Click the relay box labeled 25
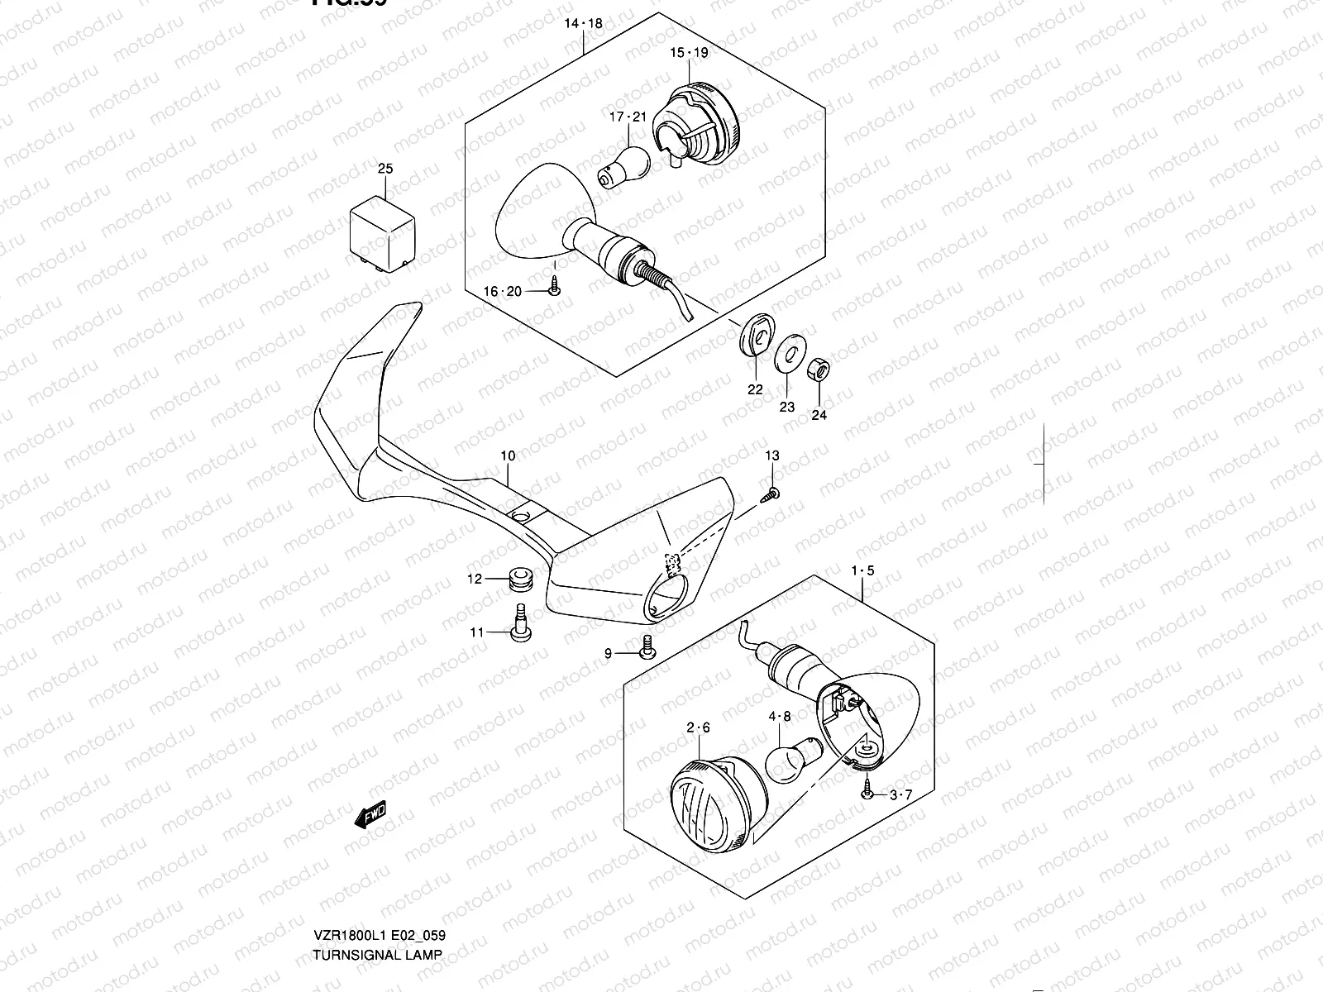(x=382, y=230)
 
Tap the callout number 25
(x=385, y=169)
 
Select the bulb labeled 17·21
(x=623, y=165)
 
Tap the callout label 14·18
(x=585, y=24)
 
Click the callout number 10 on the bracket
(x=508, y=455)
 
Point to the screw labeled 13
(x=772, y=494)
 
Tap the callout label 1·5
(x=862, y=570)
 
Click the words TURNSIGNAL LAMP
(x=377, y=955)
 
